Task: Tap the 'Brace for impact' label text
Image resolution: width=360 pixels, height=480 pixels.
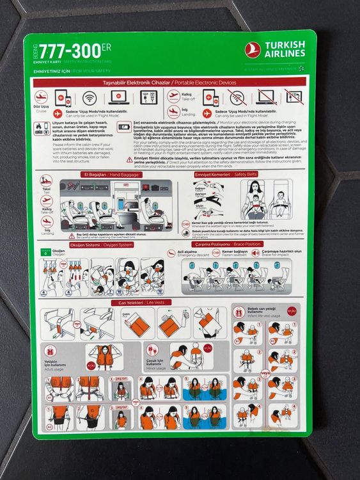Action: pyautogui.click(x=278, y=255)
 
